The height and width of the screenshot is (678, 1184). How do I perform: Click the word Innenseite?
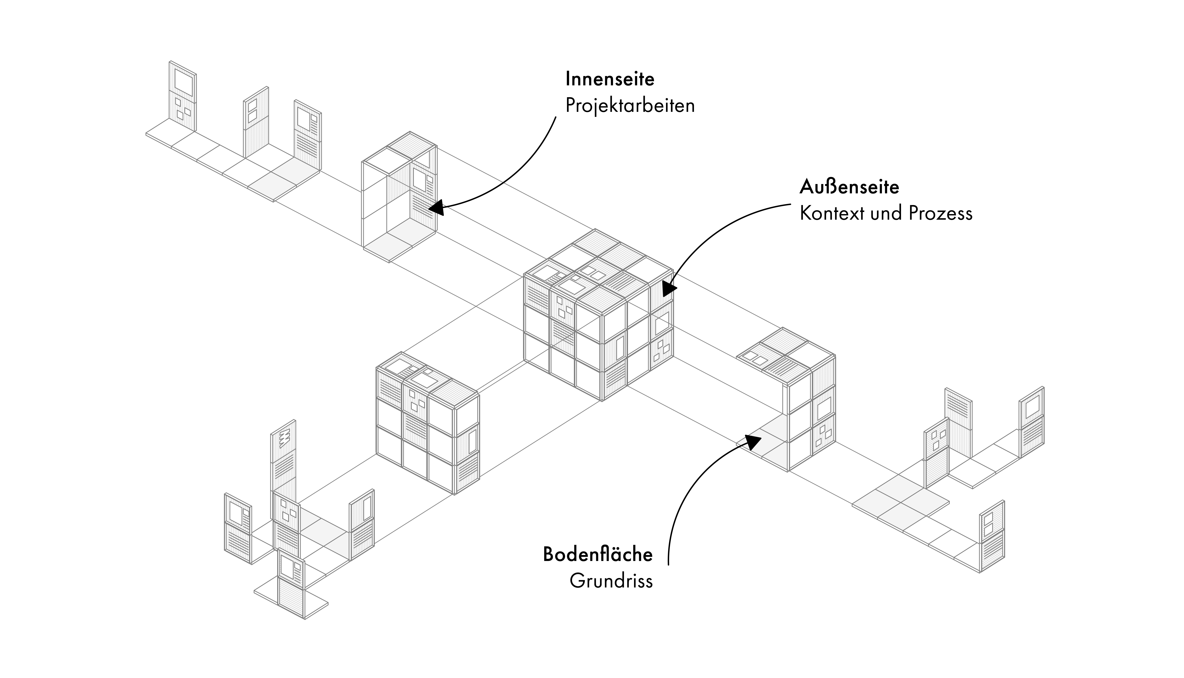(x=610, y=79)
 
